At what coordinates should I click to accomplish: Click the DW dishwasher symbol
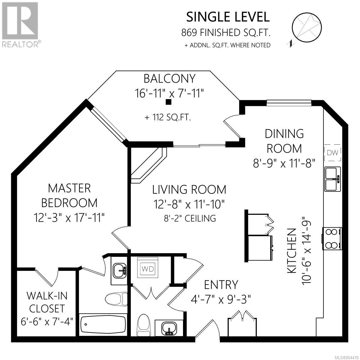pos(332,153)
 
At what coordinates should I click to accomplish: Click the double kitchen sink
pos(332,179)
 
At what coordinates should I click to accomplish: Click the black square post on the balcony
pos(169,102)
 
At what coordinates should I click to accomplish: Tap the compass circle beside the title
pos(307,28)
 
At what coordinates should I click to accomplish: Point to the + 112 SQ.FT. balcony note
pos(168,118)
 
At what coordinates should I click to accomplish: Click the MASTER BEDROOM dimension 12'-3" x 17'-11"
pos(69,217)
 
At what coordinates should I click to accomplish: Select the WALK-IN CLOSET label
pos(47,302)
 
